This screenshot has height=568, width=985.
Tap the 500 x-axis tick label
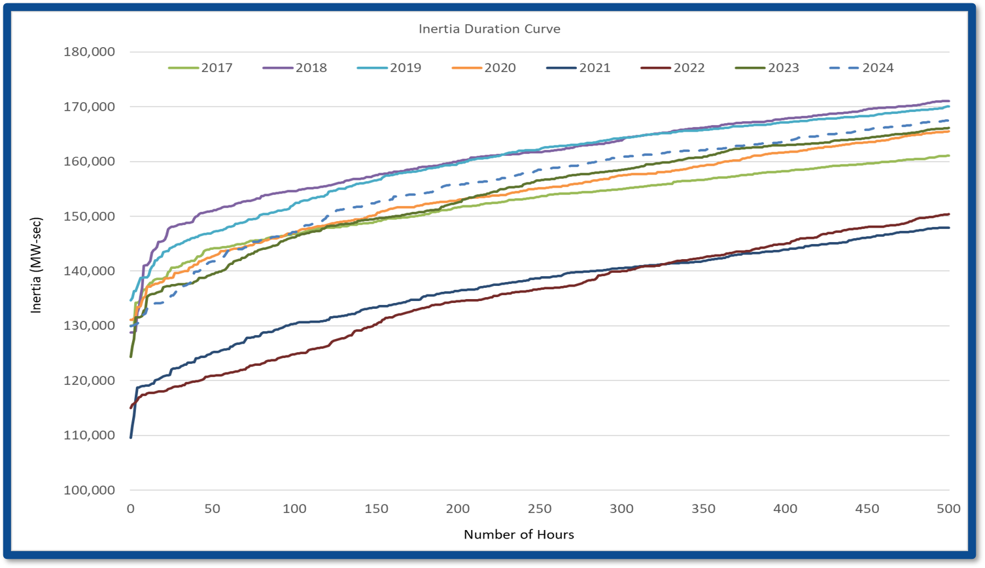click(x=949, y=508)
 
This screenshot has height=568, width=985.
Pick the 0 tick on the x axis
click(x=131, y=508)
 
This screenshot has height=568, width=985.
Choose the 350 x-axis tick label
click(x=704, y=508)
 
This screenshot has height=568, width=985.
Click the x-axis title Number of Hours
click(x=519, y=535)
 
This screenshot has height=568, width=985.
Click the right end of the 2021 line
click(x=948, y=228)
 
